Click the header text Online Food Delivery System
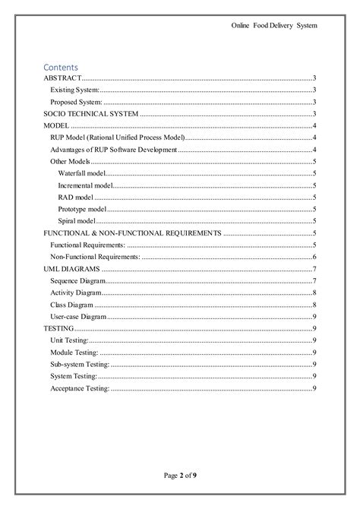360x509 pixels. (273, 26)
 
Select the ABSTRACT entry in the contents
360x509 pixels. (62, 78)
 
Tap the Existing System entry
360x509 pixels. (74, 90)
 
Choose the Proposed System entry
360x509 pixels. (76, 102)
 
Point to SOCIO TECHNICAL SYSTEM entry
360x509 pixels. (91, 113)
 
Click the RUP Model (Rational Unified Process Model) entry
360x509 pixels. (117, 138)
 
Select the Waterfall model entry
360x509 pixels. (82, 173)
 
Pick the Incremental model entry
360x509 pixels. (85, 185)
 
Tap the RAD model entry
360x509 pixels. (75, 197)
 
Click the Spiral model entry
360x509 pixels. (77, 221)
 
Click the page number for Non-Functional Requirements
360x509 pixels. (314, 257)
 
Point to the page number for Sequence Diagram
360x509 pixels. (314, 280)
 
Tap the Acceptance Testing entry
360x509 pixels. (80, 387)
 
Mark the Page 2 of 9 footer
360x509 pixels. (180, 476)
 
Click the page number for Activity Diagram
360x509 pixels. (314, 292)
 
